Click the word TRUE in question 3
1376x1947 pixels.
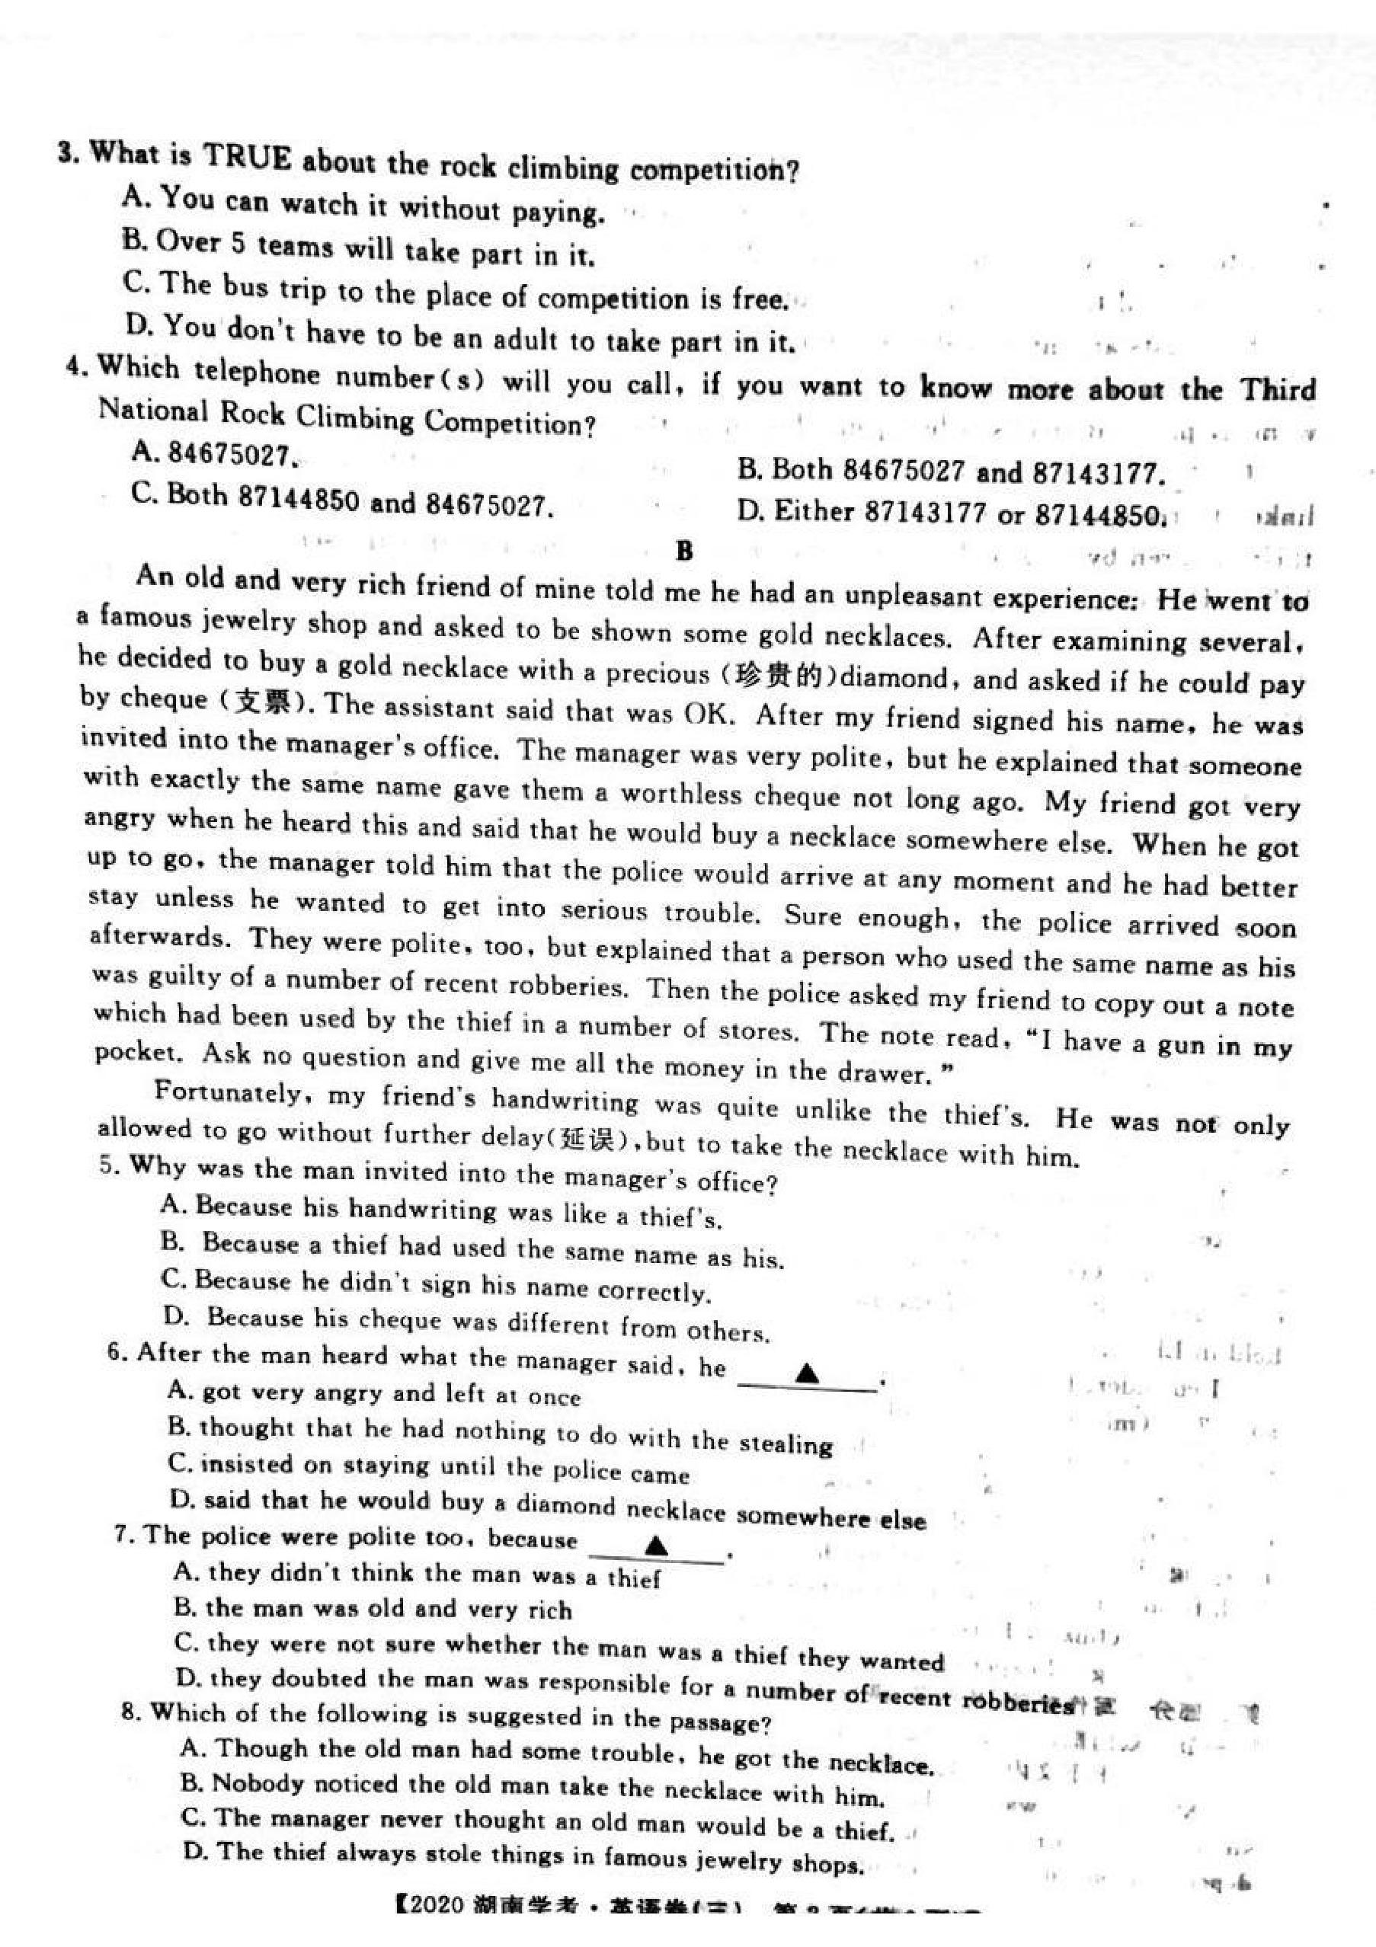[x=248, y=158]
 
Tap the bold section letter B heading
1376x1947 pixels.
[x=686, y=552]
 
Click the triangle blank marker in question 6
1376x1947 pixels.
[x=808, y=1373]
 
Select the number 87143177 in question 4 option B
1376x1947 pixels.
[x=1098, y=473]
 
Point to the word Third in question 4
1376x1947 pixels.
[x=1278, y=390]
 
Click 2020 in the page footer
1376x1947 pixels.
[x=436, y=1929]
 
